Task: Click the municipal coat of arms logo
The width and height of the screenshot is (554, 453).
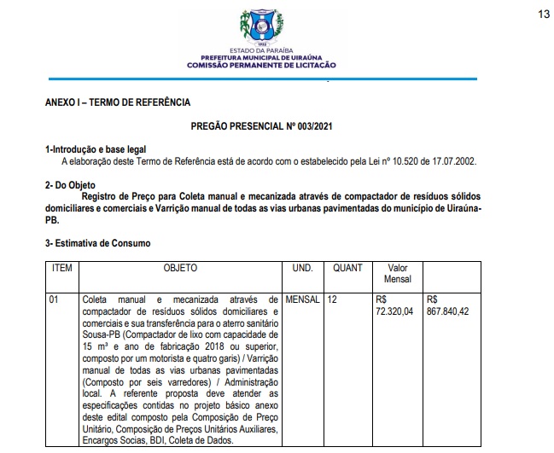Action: (x=263, y=27)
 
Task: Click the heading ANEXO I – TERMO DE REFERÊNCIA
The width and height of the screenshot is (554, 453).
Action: (x=118, y=102)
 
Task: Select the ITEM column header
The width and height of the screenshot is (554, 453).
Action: (x=62, y=268)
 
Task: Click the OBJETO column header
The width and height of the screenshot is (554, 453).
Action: (x=180, y=268)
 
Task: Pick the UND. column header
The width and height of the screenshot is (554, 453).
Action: (x=303, y=268)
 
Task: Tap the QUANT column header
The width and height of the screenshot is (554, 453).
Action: (x=347, y=268)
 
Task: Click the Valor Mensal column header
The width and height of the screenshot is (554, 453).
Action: (x=398, y=273)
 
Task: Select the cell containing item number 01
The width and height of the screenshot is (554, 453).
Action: (x=55, y=300)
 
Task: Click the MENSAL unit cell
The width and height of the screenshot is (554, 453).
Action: (x=302, y=300)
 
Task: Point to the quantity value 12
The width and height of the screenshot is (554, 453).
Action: (x=332, y=300)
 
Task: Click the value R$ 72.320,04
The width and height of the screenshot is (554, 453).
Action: (x=394, y=306)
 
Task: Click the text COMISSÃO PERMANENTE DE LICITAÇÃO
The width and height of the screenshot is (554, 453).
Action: (x=262, y=65)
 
